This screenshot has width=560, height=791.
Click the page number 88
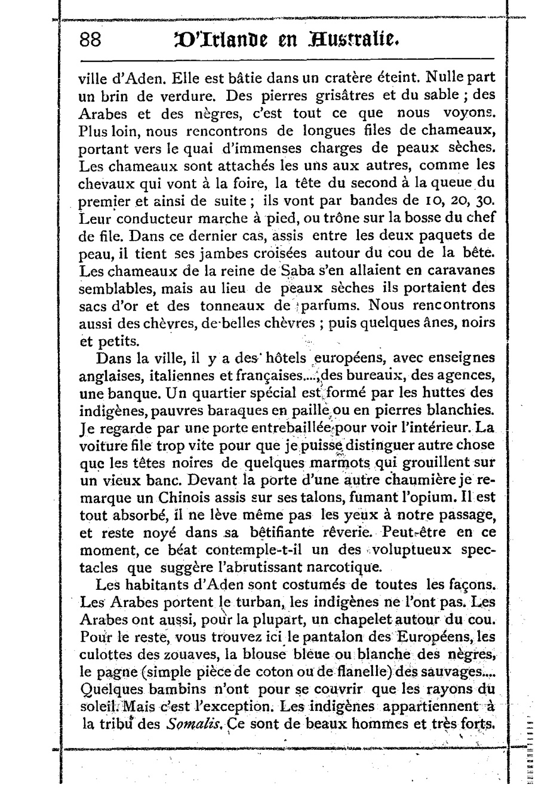pos(93,41)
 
